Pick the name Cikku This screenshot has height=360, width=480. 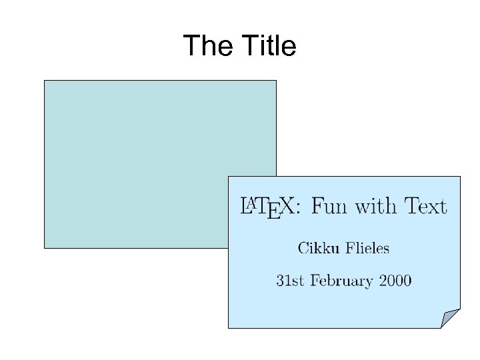(318, 249)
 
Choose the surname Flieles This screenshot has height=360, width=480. (367, 249)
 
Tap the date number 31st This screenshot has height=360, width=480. (291, 280)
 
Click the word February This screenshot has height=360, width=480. (341, 281)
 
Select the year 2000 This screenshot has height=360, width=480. (395, 280)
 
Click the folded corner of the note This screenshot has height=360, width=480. (450, 318)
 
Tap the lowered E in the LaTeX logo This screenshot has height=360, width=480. (273, 212)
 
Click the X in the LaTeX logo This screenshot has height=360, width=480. (287, 206)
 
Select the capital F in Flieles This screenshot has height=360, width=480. (350, 249)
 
